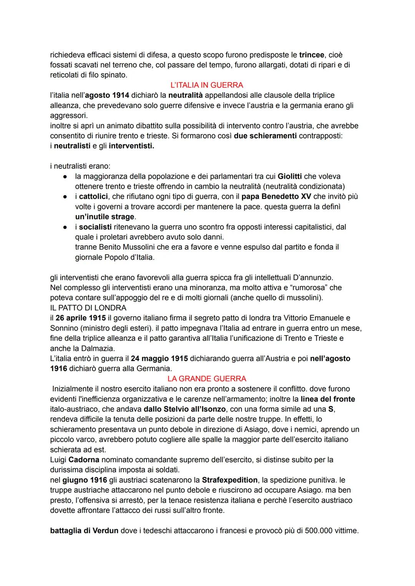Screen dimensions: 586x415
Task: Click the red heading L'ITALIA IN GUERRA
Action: click(207, 85)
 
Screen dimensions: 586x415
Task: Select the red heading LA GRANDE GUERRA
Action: click(207, 378)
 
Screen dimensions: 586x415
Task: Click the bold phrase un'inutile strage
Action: click(105, 217)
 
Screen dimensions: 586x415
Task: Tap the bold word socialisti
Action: click(95, 227)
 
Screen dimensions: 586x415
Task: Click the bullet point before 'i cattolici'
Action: click(66, 196)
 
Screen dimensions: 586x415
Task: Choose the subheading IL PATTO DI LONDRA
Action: click(88, 308)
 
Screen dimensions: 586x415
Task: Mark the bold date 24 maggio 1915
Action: click(159, 359)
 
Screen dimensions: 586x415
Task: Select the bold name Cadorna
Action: click(84, 460)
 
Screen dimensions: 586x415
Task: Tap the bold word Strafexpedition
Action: click(230, 480)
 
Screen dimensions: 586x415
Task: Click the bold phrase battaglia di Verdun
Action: click(84, 531)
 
